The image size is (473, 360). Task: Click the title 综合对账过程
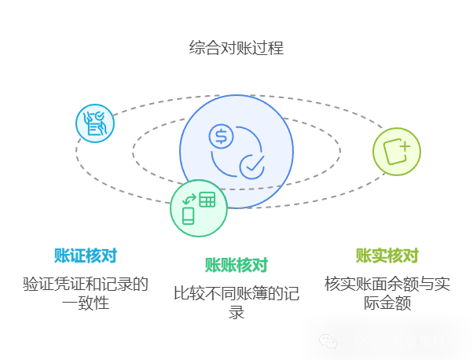pos(236,48)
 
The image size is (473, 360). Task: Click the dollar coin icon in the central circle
pos(221,136)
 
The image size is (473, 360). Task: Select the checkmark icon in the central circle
pos(252,166)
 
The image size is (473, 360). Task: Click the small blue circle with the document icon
pos(95,123)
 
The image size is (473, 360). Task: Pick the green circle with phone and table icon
pos(199,208)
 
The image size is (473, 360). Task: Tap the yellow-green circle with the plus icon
pos(397,151)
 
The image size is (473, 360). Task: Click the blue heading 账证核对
pos(86,255)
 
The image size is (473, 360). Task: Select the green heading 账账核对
pos(236,265)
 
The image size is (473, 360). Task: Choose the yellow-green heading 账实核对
pos(387,255)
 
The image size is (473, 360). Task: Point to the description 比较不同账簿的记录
pos(236,303)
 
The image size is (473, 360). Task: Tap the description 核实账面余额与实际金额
pos(387,292)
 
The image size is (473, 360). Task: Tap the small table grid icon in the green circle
pos(207,200)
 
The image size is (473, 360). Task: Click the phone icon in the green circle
pos(189,215)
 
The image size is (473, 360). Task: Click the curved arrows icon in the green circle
pos(189,198)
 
